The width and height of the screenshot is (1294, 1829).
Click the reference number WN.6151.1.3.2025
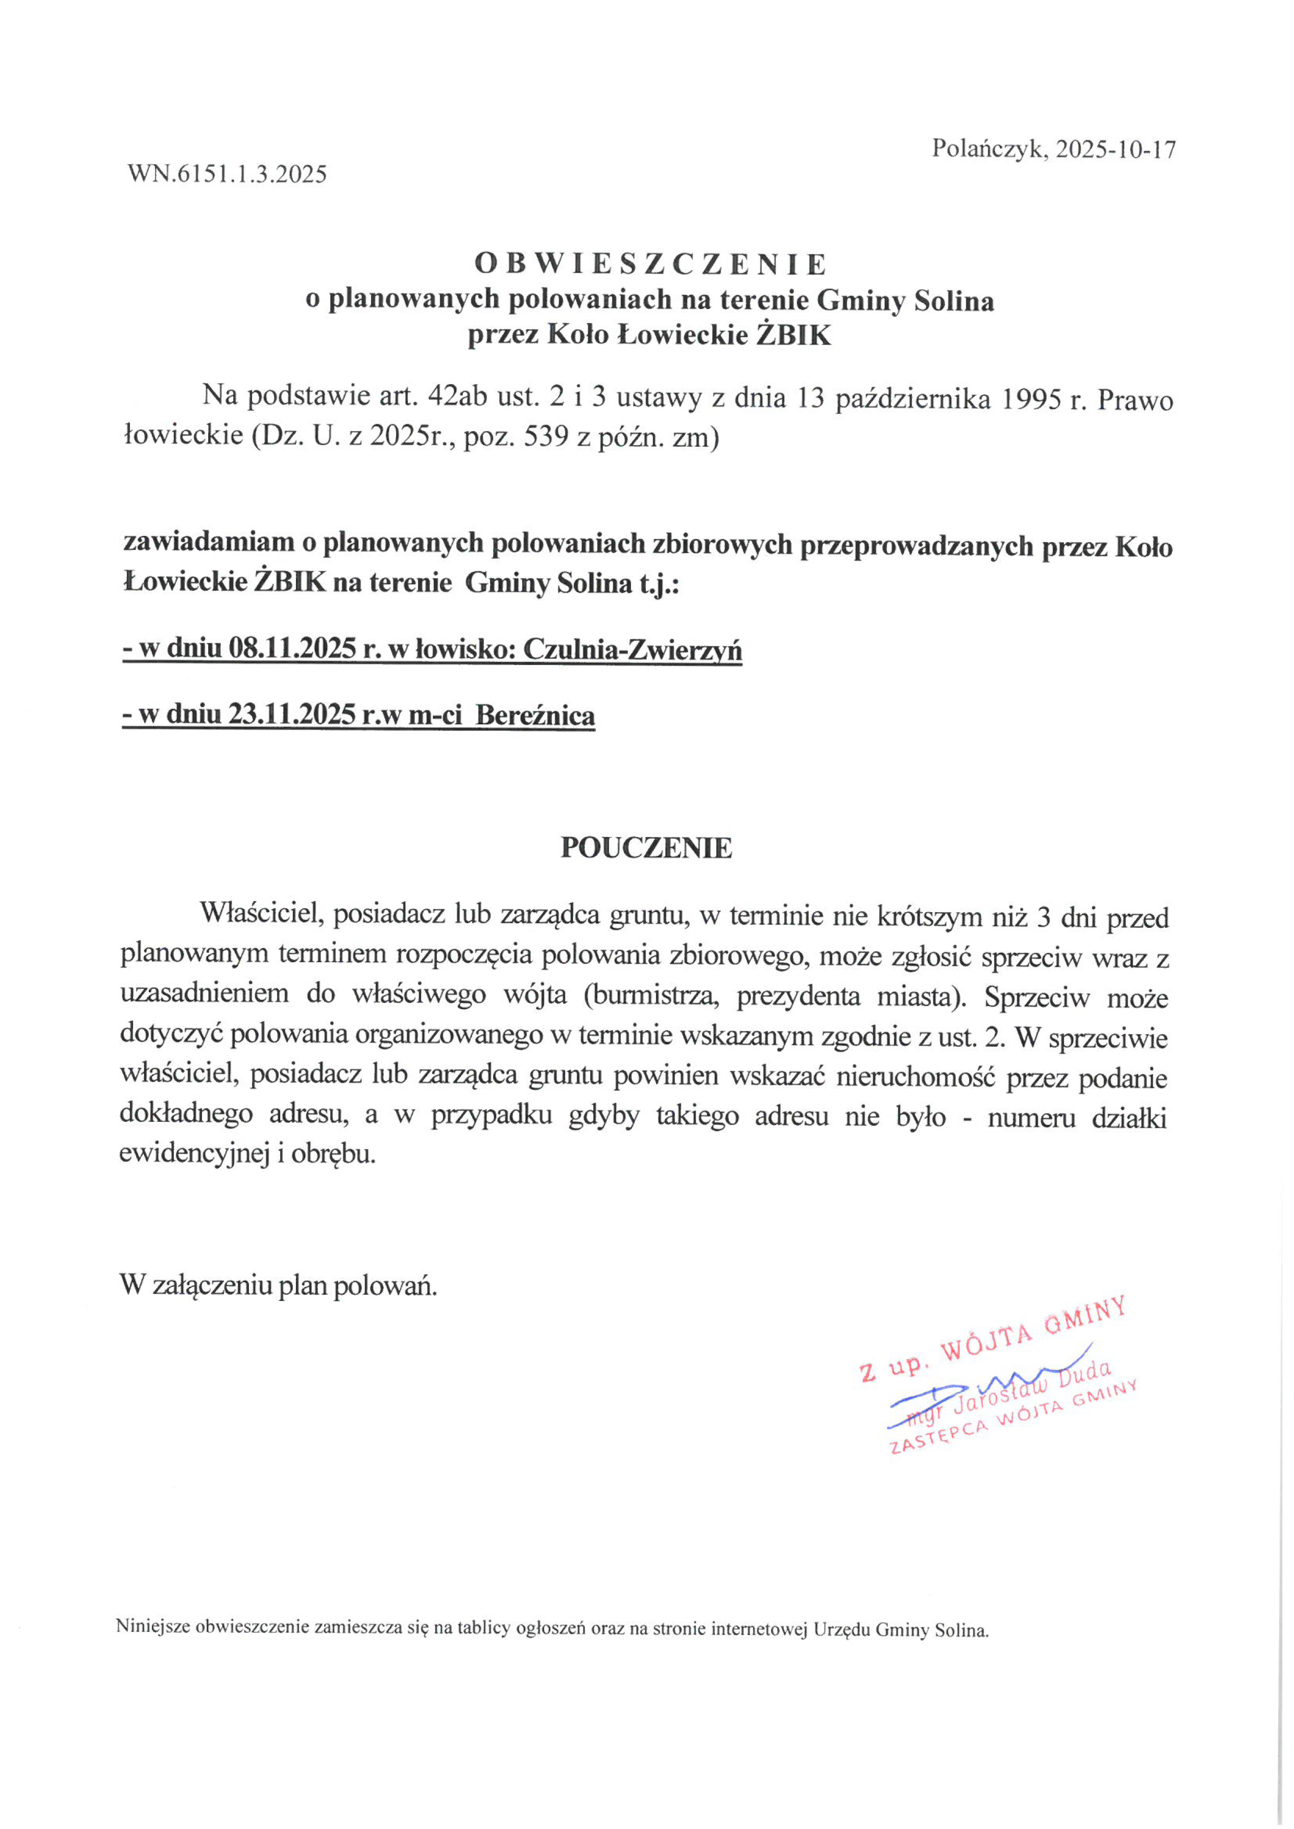click(x=227, y=174)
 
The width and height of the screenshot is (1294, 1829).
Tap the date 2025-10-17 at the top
click(x=1116, y=149)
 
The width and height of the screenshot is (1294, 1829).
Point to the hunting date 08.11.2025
click(x=292, y=650)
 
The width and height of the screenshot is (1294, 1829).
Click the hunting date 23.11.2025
click(x=292, y=715)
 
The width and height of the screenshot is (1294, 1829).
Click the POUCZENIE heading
click(x=646, y=847)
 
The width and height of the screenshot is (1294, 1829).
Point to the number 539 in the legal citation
click(x=543, y=437)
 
